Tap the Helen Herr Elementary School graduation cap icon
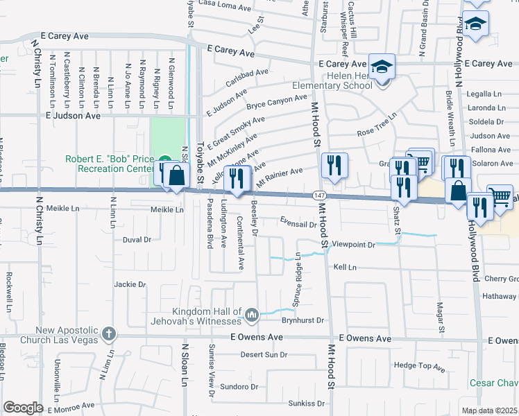[x=381, y=68]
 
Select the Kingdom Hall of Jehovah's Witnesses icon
[x=250, y=315]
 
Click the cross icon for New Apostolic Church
[x=108, y=334]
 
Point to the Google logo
[x=23, y=408]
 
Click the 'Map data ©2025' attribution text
[x=489, y=410]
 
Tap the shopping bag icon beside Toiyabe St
[x=178, y=175]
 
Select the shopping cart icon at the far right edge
[x=500, y=197]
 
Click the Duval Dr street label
[x=137, y=240]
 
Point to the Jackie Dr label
[x=130, y=284]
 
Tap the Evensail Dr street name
[x=298, y=224]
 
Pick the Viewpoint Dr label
[x=353, y=245]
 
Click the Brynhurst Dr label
[x=303, y=320]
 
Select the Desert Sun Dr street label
[x=264, y=354]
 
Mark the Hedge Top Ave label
[x=418, y=365]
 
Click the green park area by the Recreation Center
[x=168, y=136]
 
